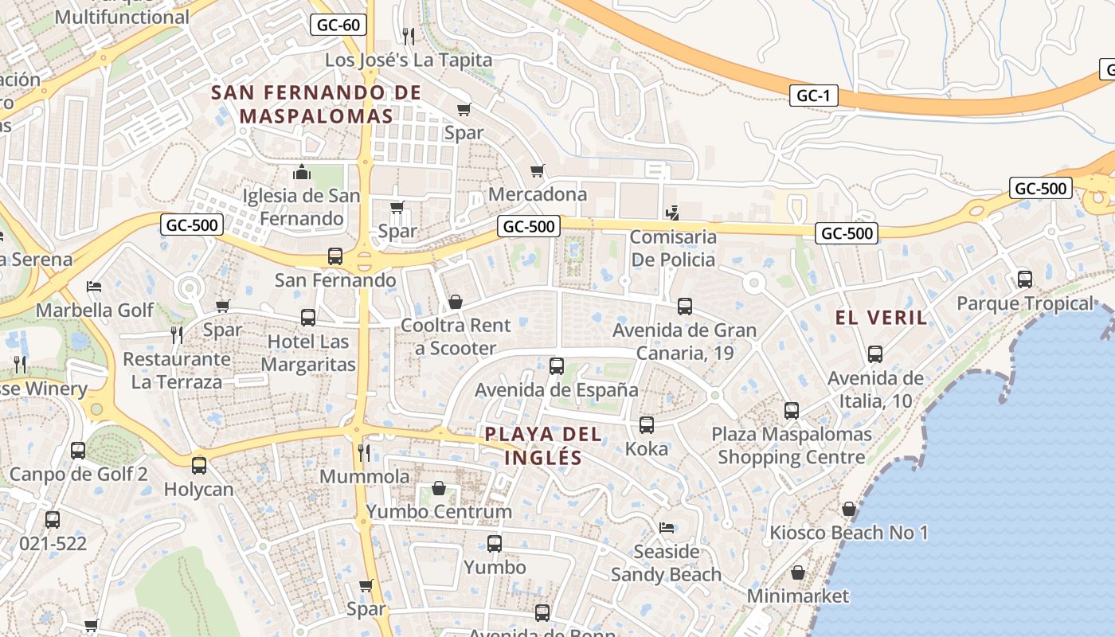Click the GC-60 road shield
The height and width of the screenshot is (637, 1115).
tap(338, 25)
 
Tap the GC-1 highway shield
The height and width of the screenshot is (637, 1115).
tap(813, 96)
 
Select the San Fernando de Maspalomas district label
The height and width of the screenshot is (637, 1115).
tap(316, 104)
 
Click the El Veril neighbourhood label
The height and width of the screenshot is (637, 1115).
tap(881, 318)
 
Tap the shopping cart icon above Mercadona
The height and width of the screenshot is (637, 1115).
tap(538, 171)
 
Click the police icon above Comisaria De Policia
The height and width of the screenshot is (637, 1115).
tap(673, 213)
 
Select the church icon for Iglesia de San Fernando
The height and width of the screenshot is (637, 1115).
tap(302, 172)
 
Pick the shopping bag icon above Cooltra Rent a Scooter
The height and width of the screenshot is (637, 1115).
tap(456, 302)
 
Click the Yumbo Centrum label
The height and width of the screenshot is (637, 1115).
tap(439, 511)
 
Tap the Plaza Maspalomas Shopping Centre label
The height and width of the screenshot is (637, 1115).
tap(791, 446)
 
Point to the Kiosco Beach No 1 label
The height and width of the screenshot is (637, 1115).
tap(849, 532)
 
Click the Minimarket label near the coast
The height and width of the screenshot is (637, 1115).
tap(798, 596)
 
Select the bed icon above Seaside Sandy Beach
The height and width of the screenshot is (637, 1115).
tap(667, 527)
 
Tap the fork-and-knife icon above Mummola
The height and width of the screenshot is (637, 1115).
tap(364, 453)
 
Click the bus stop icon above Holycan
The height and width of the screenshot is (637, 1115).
tap(199, 465)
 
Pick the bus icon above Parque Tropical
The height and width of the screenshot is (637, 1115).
tap(1025, 279)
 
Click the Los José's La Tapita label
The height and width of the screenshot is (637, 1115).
tap(409, 60)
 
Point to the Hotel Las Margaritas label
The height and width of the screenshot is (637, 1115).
tap(308, 354)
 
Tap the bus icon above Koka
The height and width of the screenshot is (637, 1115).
tap(647, 425)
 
